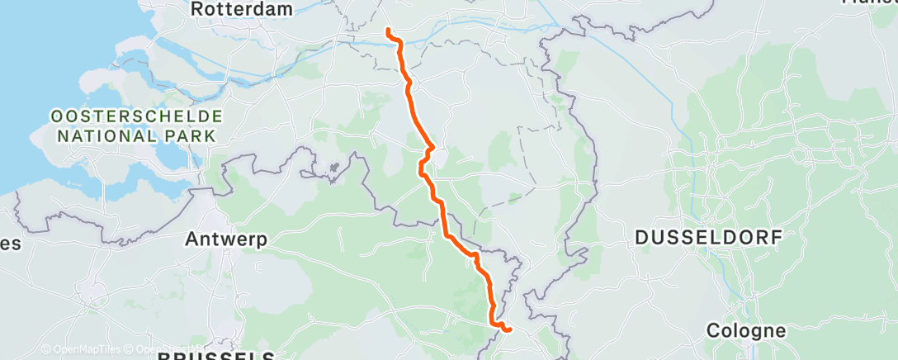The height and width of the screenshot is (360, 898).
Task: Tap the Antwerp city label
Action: tap(225, 239)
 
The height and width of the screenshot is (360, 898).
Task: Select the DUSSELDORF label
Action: tap(708, 238)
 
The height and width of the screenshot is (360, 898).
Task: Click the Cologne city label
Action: tap(746, 331)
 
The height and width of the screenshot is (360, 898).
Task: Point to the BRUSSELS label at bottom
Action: tap(216, 356)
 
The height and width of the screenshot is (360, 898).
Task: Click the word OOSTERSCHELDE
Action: tap(137, 116)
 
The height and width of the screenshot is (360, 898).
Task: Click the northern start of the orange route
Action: tap(387, 31)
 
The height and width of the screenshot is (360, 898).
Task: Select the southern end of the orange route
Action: tap(509, 330)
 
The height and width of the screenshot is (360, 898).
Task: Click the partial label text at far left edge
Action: tap(10, 244)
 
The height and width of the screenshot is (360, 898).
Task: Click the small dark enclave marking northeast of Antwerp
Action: tap(334, 168)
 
